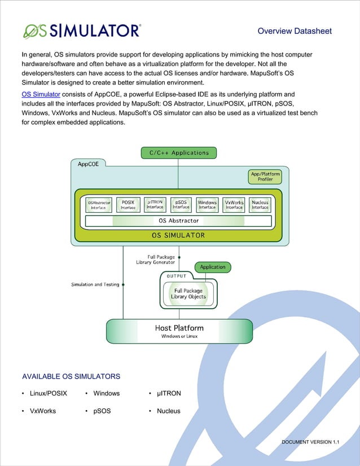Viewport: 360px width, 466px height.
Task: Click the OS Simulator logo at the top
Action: point(81,30)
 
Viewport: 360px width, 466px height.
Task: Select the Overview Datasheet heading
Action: point(295,31)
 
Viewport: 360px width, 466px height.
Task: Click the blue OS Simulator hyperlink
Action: point(41,94)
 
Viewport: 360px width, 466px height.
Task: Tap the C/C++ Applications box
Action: point(178,152)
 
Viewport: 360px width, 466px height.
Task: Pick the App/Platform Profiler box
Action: point(265,177)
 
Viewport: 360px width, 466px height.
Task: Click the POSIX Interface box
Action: point(128,204)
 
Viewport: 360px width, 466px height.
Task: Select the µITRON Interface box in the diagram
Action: point(155,204)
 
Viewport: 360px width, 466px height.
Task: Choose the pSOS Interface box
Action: point(181,204)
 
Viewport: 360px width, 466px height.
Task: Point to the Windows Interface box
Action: point(207,204)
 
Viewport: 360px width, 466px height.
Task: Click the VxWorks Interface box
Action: point(234,204)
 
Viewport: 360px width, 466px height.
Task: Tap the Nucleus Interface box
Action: point(260,204)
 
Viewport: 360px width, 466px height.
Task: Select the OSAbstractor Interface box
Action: point(99,204)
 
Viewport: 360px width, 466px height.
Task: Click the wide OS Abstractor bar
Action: point(178,221)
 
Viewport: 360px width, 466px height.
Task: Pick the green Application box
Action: point(213,267)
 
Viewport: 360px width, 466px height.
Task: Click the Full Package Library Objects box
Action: point(188,294)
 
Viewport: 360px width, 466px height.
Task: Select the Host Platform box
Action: point(179,331)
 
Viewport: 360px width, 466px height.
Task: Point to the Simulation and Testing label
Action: point(95,284)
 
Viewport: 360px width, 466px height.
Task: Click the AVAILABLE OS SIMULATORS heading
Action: point(71,376)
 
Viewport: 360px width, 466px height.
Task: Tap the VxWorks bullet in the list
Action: point(43,411)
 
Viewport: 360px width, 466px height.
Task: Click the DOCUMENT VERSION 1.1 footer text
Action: point(310,442)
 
